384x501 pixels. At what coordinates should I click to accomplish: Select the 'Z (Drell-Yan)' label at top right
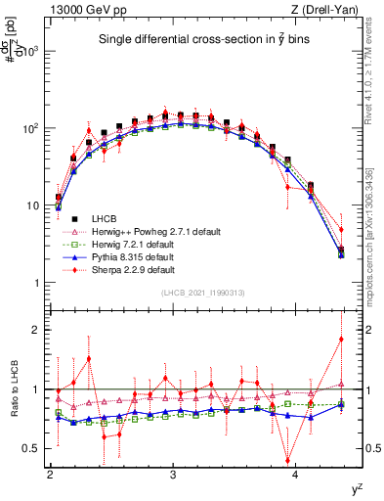328,9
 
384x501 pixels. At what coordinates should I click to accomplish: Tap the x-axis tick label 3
173,475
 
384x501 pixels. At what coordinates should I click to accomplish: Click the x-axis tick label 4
296,475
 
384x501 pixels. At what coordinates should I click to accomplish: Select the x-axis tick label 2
50,475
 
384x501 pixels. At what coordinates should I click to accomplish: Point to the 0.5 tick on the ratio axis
34,448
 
